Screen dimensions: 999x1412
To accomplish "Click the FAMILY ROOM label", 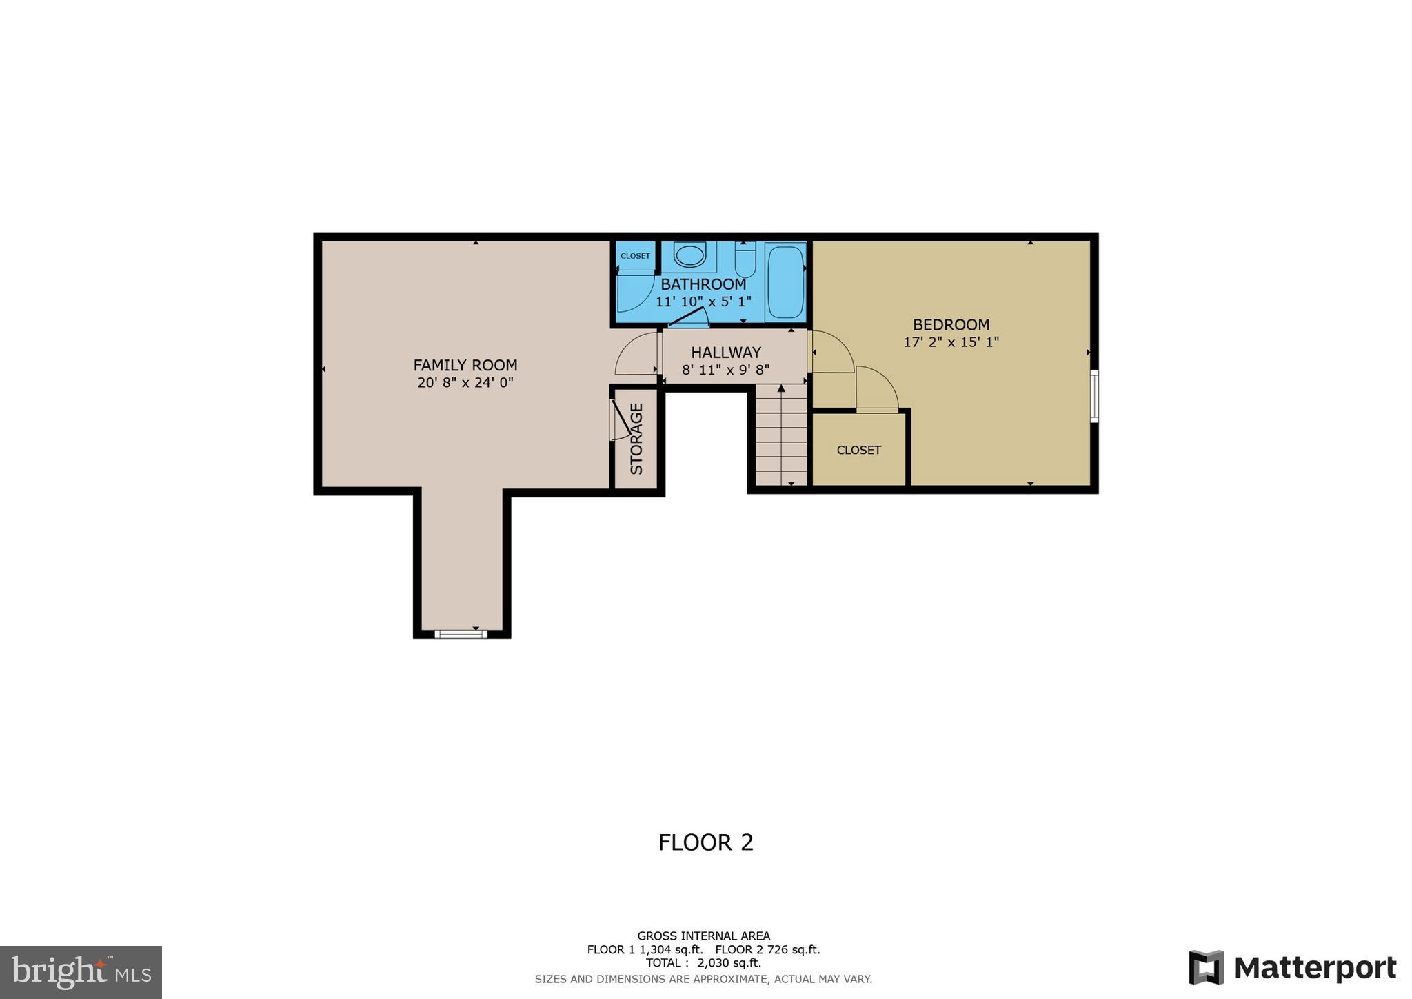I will coord(465,365).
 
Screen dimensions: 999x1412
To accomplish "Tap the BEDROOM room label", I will coord(951,324).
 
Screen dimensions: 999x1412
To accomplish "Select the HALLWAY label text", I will coord(725,353).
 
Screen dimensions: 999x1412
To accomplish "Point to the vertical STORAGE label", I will coord(636,439).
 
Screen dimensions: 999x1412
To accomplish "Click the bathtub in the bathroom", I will coord(785,281).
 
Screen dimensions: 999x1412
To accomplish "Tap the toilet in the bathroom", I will coord(745,259).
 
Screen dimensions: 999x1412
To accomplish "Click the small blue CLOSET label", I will coord(635,256).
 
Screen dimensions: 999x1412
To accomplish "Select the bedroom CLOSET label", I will coord(858,450).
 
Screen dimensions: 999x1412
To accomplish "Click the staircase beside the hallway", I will coord(781,435).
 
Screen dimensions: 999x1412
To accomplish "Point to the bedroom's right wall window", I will coord(1093,395).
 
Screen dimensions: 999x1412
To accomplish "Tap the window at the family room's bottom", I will coord(461,633).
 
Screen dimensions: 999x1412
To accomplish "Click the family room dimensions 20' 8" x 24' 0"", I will coord(465,382).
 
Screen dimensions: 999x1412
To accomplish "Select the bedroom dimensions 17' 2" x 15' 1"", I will coord(951,342).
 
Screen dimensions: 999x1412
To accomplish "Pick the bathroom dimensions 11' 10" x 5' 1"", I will coord(703,301).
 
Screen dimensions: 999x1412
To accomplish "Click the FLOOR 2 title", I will coord(705,842).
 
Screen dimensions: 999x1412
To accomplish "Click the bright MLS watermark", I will coord(81,973).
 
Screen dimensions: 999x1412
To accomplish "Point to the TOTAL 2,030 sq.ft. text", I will coord(703,963).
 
